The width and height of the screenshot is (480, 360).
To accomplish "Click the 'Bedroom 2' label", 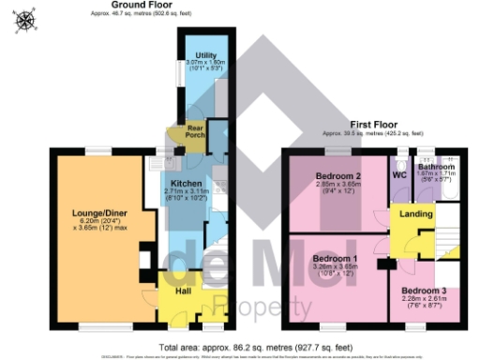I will tap(338, 176).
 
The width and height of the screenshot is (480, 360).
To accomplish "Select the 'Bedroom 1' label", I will tap(335, 258).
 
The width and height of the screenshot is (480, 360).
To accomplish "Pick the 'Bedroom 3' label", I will tap(424, 292).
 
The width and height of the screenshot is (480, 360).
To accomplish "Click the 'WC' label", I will tap(399, 175).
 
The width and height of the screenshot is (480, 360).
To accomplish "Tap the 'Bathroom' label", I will tap(436, 167).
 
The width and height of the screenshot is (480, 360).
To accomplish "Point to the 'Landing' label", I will tap(416, 214).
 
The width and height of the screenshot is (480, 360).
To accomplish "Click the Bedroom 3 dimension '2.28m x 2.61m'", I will tap(424, 299).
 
